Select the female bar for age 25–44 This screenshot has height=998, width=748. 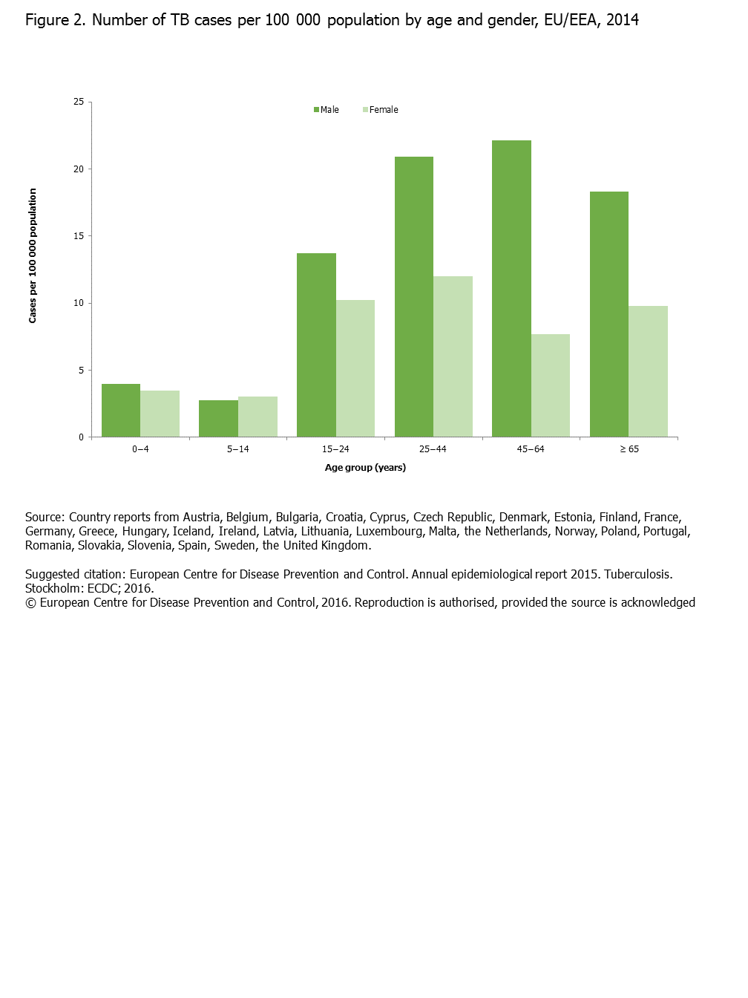453,356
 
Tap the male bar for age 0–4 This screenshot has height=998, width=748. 121,410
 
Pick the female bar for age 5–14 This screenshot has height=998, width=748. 257,417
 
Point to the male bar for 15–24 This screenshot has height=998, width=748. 316,345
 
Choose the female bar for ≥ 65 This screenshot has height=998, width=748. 648,371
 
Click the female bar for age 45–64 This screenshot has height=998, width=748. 551,385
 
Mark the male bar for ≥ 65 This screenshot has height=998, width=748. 609,314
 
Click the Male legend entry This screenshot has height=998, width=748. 327,110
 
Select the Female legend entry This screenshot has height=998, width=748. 381,110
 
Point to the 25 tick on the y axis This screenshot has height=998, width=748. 79,102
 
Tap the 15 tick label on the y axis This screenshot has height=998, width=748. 79,236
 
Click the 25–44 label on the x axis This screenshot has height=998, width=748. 433,449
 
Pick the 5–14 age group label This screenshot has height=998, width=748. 238,449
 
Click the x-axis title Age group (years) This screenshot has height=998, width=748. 365,468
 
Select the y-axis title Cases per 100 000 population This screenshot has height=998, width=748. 33,255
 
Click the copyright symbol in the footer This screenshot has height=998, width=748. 30,603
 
